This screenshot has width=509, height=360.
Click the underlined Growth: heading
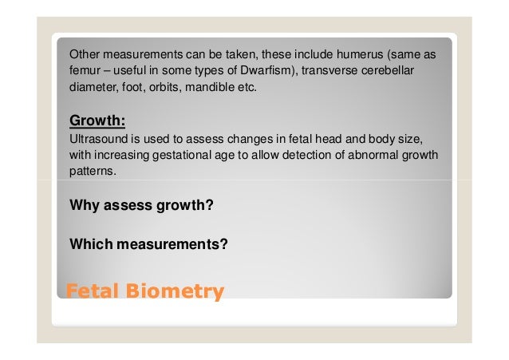point(98,121)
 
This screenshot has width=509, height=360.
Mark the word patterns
point(92,170)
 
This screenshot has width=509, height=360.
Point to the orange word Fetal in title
point(89,291)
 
